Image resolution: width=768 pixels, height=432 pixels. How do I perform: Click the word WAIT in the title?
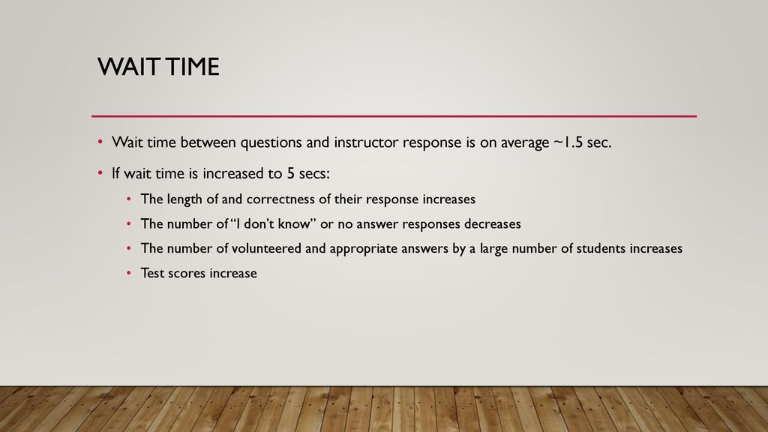pos(128,67)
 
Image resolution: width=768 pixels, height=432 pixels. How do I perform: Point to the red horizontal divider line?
pos(394,116)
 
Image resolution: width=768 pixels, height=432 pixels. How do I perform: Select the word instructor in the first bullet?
pos(366,142)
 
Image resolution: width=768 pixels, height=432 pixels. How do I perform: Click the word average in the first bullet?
pos(524,143)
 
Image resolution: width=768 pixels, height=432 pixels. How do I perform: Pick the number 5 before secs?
pos(290,173)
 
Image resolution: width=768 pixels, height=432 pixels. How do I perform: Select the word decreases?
pos(492,223)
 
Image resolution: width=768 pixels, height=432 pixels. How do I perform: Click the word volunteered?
pos(266,248)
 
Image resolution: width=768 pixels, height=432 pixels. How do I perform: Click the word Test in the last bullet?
pos(152,273)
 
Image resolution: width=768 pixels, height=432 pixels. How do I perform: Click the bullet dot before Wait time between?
pos(100,142)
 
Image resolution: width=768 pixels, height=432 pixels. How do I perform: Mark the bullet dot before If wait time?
pos(100,173)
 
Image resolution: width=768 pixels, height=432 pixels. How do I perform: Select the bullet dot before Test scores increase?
pos(129,273)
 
